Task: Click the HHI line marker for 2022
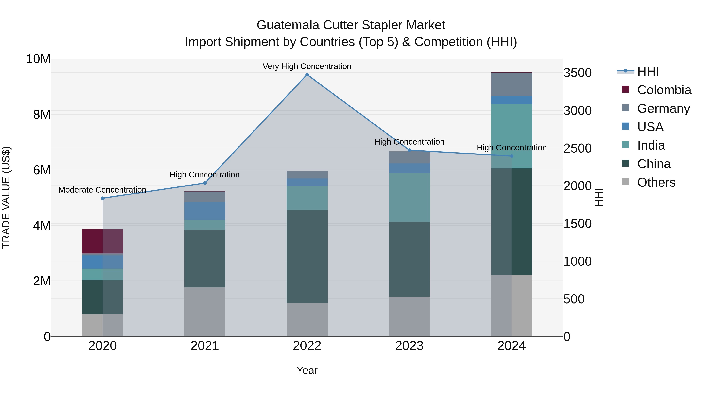click(x=307, y=75)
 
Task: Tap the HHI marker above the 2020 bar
click(x=102, y=198)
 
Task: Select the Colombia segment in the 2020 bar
click(x=102, y=241)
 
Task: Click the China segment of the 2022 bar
click(x=307, y=256)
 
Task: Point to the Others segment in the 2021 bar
click(x=205, y=312)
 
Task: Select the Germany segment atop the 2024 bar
click(x=511, y=84)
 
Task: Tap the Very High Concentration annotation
click(x=307, y=66)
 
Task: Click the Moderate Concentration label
click(x=102, y=190)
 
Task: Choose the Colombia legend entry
click(x=664, y=90)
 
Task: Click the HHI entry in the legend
click(x=648, y=71)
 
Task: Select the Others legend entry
click(x=656, y=182)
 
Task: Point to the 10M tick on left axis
click(x=38, y=59)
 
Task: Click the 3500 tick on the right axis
click(x=577, y=73)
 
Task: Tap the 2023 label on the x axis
click(x=409, y=346)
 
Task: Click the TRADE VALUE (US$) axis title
click(x=6, y=197)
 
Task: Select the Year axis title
click(x=307, y=370)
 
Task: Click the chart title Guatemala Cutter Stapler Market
click(x=351, y=25)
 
